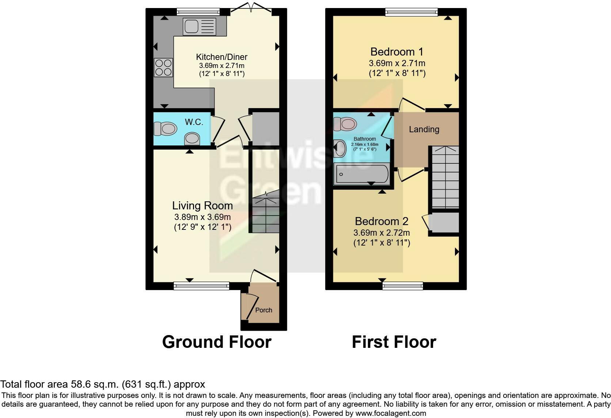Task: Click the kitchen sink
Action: [x=200, y=26]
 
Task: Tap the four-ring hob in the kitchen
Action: [x=163, y=67]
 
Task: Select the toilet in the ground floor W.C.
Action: [x=165, y=128]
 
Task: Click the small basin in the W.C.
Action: [x=192, y=139]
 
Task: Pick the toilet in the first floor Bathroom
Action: [x=345, y=124]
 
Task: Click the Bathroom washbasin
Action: [x=339, y=148]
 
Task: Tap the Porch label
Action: [x=263, y=310]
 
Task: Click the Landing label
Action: [x=424, y=129]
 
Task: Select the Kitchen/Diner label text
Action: [x=221, y=57]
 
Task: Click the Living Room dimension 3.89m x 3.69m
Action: [x=202, y=217]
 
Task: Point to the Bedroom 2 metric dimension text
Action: [x=382, y=233]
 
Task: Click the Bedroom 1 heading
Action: [x=396, y=52]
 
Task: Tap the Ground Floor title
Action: [x=217, y=342]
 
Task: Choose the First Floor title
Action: [x=394, y=342]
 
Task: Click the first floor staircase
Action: [x=445, y=177]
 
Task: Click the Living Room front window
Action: [x=201, y=286]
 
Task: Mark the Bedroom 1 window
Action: [x=411, y=12]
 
